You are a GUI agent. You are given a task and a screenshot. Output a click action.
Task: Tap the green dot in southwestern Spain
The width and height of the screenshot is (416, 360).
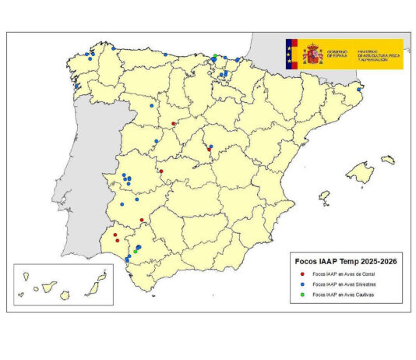tap(136, 251)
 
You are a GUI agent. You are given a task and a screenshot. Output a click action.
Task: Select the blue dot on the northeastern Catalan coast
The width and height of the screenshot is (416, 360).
tap(358, 89)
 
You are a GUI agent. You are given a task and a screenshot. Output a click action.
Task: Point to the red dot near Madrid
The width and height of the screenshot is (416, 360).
tap(209, 150)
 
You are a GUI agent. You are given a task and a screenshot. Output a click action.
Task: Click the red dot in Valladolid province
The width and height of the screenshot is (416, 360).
tap(173, 123)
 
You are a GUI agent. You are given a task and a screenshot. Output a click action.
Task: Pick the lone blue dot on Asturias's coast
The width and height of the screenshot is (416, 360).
tap(114, 49)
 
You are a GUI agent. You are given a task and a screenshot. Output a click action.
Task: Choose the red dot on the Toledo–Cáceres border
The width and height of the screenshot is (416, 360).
tap(160, 171)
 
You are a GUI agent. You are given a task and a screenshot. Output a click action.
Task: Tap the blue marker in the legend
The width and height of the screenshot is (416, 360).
tap(301, 285)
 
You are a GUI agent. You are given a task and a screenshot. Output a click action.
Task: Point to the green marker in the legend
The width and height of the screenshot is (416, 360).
tap(301, 295)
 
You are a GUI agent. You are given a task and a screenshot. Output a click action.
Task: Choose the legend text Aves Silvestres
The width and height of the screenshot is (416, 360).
tap(346, 285)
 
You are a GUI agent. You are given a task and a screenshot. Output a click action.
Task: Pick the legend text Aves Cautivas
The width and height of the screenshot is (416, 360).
tap(345, 295)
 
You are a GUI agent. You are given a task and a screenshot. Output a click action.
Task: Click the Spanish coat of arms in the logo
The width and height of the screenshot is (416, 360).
tap(312, 54)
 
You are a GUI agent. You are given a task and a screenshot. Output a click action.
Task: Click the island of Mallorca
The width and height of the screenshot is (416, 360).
tap(359, 171)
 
